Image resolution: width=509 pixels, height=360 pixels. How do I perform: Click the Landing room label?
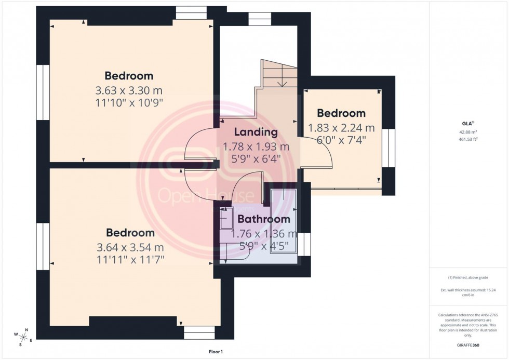(x=255, y=132)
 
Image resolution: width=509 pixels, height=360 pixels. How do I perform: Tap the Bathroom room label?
(x=264, y=219)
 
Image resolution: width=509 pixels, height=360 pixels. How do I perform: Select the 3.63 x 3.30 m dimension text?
(x=129, y=90)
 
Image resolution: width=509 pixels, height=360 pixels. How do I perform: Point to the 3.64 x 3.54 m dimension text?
(x=130, y=247)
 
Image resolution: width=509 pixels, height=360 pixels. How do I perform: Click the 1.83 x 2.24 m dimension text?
(x=341, y=128)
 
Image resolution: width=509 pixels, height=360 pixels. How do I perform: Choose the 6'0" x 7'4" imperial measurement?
(x=341, y=140)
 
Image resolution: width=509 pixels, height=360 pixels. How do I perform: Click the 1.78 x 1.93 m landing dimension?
(x=256, y=146)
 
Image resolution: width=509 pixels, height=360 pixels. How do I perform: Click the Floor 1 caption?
(x=215, y=352)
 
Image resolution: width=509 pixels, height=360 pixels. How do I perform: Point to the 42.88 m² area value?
(x=469, y=132)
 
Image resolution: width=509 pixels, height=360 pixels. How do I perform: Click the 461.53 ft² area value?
(x=469, y=139)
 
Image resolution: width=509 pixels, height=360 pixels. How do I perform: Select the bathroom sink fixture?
(x=227, y=218)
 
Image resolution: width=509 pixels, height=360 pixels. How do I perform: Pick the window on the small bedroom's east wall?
(x=388, y=148)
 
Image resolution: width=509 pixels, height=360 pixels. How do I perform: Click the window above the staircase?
(x=259, y=19)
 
